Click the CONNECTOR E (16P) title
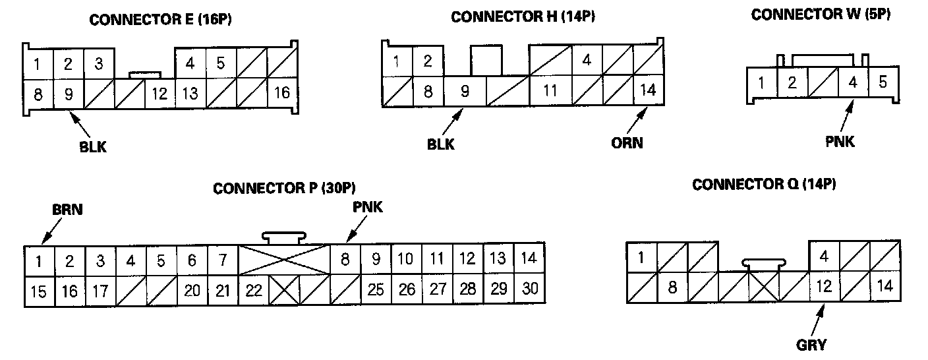coord(160,20)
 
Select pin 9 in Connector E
coord(69,94)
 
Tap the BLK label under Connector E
coord(93,148)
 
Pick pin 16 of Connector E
coord(281,93)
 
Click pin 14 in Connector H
coord(648,90)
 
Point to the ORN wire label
coord(626,142)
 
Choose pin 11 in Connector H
coord(550,91)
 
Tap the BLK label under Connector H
coord(440,143)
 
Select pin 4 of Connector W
coord(853,84)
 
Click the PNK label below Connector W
coord(840,141)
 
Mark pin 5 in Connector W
coord(883,84)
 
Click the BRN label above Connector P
coord(68,210)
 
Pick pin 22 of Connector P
coord(254,291)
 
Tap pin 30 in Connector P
coord(529,290)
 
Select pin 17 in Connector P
coord(100,291)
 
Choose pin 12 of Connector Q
coord(824,287)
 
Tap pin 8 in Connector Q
coord(672,287)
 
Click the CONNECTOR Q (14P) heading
coord(764,185)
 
